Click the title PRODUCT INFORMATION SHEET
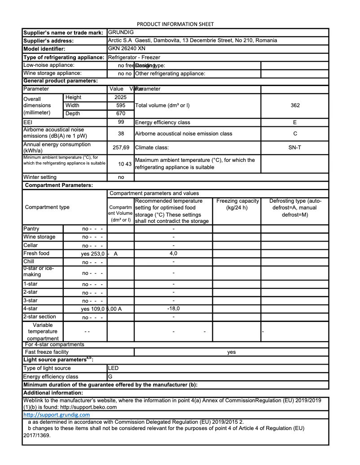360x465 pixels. coord(175,24)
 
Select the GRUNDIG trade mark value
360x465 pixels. coord(121,32)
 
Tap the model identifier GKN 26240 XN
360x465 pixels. coord(127,48)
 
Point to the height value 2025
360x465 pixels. coord(120,97)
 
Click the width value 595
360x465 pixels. coord(120,105)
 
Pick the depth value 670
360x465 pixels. coord(120,113)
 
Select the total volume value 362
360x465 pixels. coord(294,105)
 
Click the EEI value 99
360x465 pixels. coord(121,122)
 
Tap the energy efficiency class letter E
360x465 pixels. coord(294,122)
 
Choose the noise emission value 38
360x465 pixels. coord(121,134)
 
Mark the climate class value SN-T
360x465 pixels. coord(294,147)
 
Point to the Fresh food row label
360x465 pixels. coord(36,253)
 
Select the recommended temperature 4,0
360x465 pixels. coord(173,253)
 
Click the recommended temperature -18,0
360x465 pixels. coord(173,309)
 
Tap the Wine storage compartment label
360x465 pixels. coord(40,237)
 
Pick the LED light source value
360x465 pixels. coord(114,368)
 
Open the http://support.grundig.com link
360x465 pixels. coord(57,415)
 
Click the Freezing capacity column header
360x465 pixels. coord(237,201)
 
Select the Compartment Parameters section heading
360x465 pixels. coord(59,185)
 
